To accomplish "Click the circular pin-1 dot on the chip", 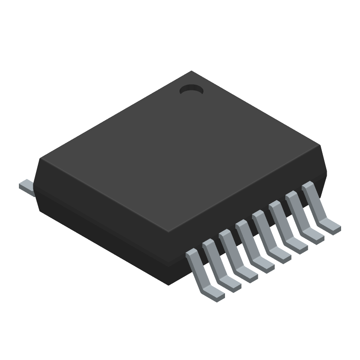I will pos(191,90).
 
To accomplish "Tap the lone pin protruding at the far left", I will pos(26,187).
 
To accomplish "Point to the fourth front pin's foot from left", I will pos(265,265).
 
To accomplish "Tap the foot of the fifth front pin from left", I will pos(281,255).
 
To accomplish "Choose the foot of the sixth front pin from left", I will pos(298,246).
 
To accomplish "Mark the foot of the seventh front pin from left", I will pos(315,236).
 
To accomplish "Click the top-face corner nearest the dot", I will pos(192,72).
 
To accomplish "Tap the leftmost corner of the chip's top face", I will pos(40,159).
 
